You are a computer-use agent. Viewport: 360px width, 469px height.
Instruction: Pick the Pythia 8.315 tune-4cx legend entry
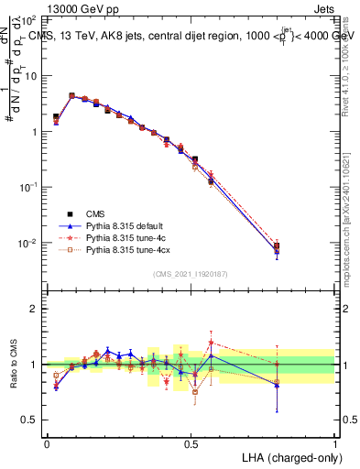click(128, 249)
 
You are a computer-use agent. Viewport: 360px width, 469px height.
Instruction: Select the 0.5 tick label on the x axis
click(191, 443)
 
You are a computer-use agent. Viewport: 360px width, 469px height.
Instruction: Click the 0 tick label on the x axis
click(47, 443)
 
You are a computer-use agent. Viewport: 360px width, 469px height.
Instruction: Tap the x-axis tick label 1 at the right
click(335, 443)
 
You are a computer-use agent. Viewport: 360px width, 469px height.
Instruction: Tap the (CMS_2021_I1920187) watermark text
click(191, 274)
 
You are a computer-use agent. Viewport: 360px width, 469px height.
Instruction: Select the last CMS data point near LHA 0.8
click(277, 245)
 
